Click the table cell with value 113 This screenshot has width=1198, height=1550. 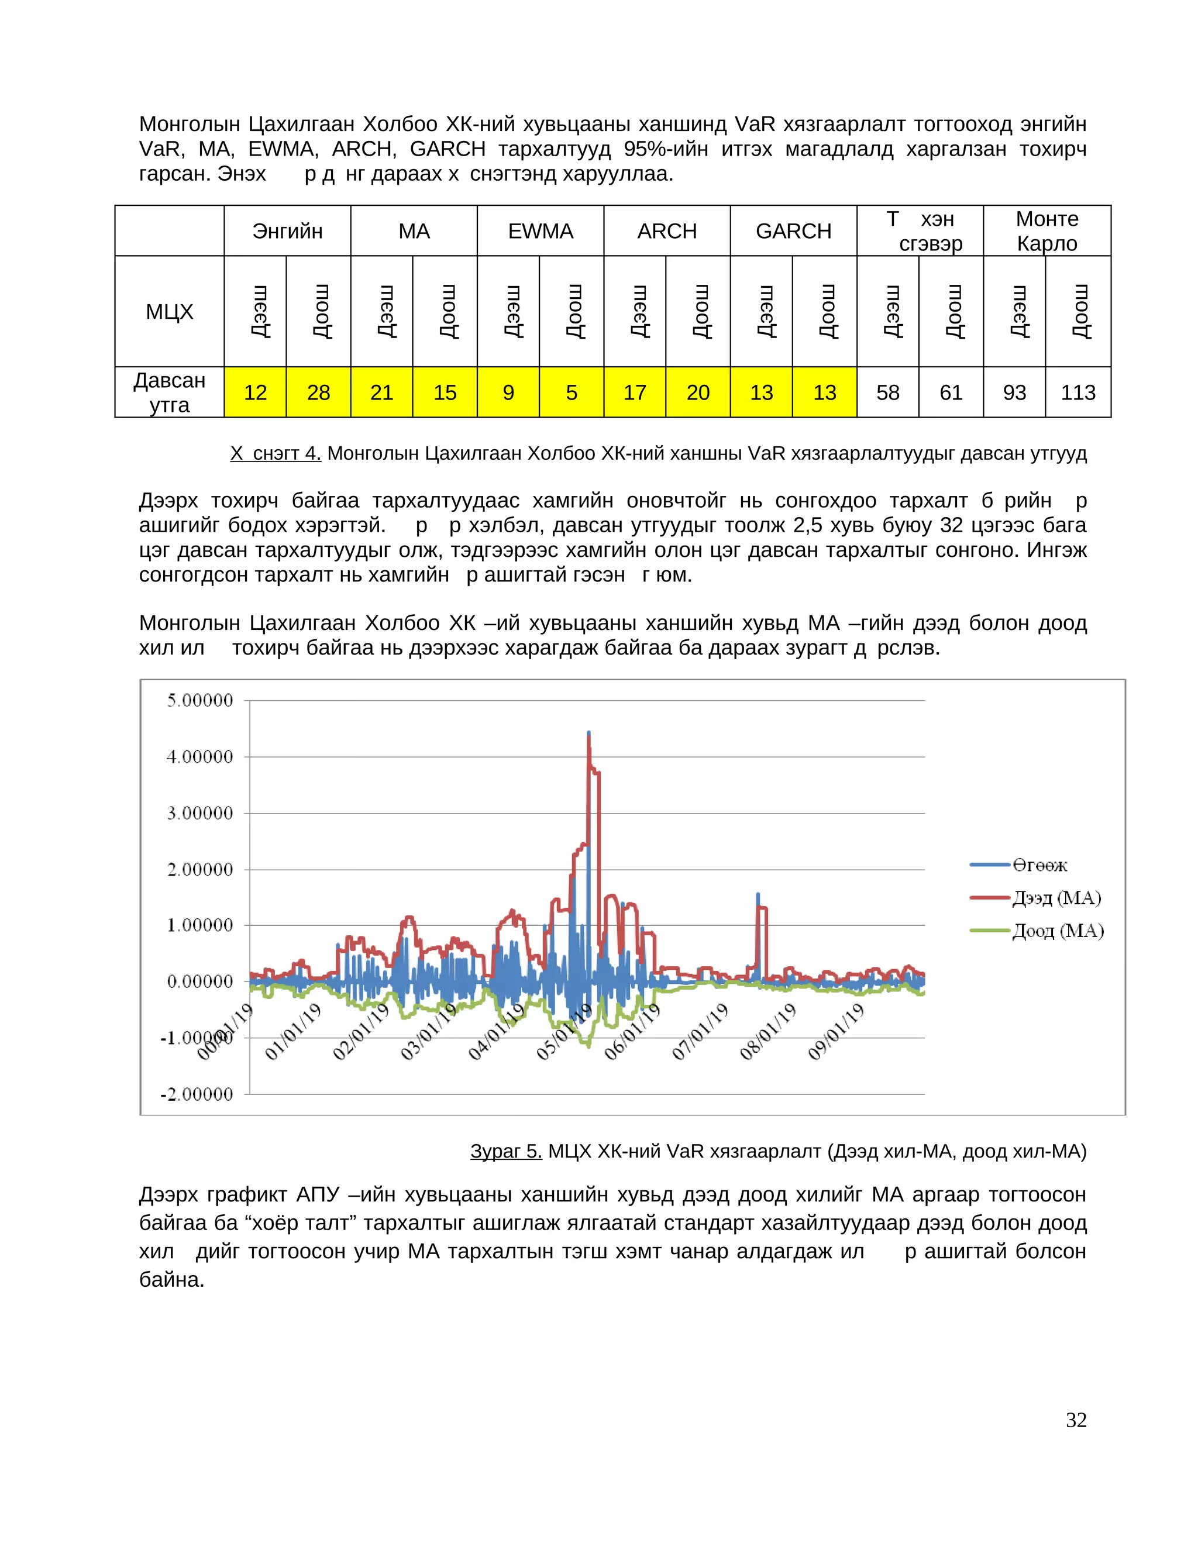click(1077, 392)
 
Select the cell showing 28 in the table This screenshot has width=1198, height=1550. click(318, 392)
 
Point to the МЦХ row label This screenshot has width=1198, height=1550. click(169, 312)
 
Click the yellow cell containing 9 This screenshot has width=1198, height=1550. click(508, 392)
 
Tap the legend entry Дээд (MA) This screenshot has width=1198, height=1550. click(1055, 898)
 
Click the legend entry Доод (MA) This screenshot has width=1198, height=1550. click(1057, 931)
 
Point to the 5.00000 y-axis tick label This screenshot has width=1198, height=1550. click(199, 701)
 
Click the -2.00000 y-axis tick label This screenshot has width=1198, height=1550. click(197, 1094)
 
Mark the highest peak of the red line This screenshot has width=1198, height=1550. click(588, 735)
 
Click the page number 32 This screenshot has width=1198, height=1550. click(1076, 1420)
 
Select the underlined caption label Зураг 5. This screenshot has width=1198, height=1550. click(506, 1151)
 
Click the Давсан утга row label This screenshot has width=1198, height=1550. click(169, 392)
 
